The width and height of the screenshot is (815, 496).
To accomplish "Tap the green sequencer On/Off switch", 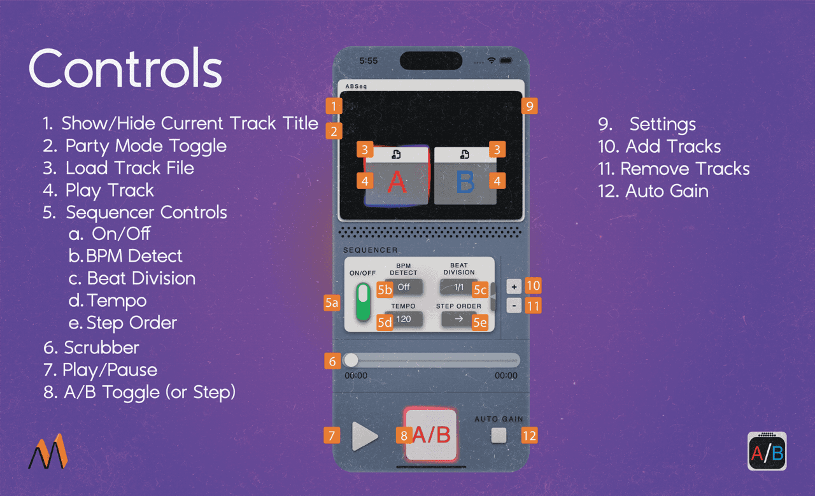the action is pos(363,302).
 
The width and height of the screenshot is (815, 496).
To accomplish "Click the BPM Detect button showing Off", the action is pos(404,287).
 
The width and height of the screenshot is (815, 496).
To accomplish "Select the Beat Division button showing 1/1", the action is pos(458,287).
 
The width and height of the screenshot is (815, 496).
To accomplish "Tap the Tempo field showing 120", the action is pos(404,319).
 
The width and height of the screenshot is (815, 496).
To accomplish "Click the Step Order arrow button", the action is pos(459,319).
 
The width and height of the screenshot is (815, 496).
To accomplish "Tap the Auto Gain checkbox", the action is pos(499,436).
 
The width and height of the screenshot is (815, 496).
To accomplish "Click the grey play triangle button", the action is pos(364,436).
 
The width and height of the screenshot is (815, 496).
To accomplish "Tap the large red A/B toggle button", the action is pos(431,435).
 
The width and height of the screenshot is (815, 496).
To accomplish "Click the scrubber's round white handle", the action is pos(351,360).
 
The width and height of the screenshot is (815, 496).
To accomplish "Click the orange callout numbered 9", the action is pos(529,106).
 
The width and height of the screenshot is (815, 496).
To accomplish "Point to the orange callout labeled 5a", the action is pos(332,303).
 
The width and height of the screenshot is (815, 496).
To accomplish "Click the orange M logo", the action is pos(48,451).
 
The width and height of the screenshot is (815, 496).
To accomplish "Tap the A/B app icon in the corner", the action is pos(767,451).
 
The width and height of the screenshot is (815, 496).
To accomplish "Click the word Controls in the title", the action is pos(125,68).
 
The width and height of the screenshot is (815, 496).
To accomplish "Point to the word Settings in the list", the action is pos(663,124).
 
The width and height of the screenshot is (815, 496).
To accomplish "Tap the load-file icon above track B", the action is pos(465,154).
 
